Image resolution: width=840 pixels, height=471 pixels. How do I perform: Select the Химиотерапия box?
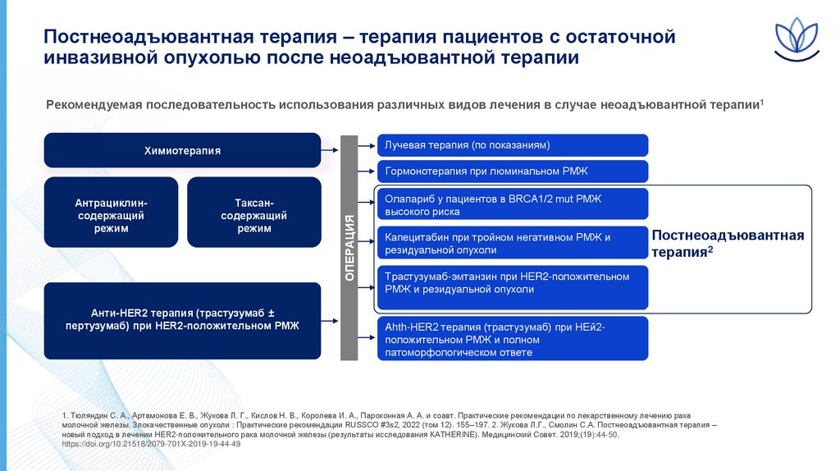[x=182, y=150]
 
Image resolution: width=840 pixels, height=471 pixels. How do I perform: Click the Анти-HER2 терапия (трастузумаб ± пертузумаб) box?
[x=182, y=319]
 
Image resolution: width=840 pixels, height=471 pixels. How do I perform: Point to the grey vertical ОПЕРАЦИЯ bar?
[x=349, y=247]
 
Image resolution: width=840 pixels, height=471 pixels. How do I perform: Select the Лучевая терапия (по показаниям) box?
[x=513, y=145]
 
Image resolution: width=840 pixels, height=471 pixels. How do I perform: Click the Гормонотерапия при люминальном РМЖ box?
[x=513, y=171]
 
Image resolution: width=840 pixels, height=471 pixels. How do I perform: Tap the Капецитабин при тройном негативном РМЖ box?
[x=513, y=244]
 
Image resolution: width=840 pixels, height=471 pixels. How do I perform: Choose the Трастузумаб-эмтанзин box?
[x=513, y=283]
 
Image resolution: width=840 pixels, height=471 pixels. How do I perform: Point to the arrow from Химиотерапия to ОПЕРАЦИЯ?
[x=330, y=150]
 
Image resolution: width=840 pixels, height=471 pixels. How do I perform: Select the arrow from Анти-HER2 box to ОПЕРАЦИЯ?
[x=330, y=319]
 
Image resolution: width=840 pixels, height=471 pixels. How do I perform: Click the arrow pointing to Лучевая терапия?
[x=368, y=145]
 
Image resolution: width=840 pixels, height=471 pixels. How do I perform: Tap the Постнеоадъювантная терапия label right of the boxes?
[x=727, y=244]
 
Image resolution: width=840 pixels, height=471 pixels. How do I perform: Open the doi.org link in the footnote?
[x=151, y=444]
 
